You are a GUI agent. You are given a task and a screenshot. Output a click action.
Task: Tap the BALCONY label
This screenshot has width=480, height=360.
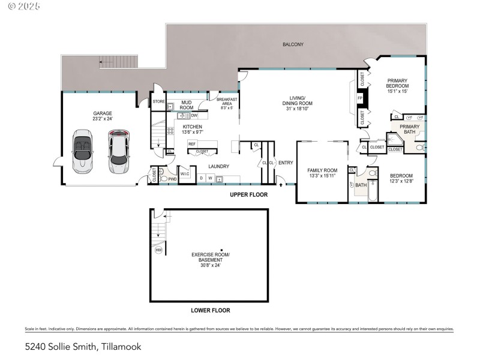coord(293,44)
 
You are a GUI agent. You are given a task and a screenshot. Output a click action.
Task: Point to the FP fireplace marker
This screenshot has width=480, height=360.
coord(360,98)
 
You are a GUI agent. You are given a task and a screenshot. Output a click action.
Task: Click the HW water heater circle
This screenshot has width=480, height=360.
coord(158,250)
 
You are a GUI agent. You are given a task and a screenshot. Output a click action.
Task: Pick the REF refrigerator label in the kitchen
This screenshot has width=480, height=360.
coord(192,143)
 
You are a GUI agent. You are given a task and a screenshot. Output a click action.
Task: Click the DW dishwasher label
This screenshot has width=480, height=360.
coord(194,115)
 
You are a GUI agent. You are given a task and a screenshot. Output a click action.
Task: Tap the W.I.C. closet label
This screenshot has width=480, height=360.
coord(185,175)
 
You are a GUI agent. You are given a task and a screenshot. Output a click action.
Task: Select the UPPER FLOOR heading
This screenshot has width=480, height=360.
coord(249,195)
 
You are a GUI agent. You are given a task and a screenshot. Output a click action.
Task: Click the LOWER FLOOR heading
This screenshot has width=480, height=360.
coord(210,310)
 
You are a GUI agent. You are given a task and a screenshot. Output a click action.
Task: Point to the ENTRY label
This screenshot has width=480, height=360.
coord(285,163)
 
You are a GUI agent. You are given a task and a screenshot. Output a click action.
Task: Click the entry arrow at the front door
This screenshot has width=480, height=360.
coord(280,177)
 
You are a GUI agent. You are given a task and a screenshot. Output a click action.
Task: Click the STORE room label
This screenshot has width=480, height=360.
coord(158,101)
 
